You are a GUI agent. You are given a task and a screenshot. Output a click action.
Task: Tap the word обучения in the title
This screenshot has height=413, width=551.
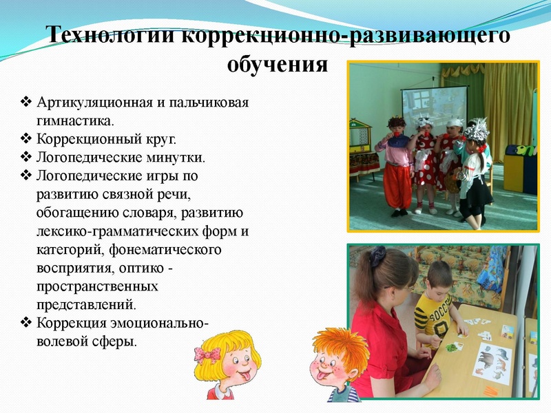pos(276,65)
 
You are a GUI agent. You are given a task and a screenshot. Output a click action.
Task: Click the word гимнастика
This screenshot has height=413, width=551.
pos(75,121)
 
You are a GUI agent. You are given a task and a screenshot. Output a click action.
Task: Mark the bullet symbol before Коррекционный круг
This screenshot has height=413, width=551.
pos(26,139)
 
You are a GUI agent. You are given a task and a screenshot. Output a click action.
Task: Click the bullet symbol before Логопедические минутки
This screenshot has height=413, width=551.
pos(26,158)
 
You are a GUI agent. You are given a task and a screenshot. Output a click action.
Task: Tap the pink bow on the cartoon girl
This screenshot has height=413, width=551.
pos(207,354)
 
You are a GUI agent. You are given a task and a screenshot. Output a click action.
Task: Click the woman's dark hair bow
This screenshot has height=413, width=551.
pos(377,256)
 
